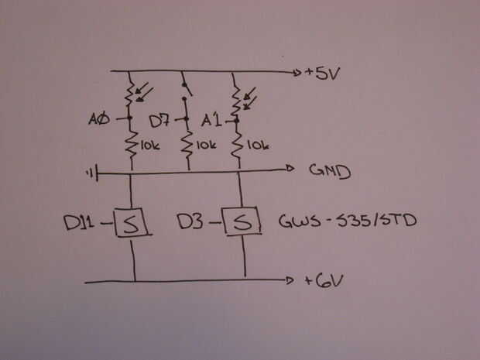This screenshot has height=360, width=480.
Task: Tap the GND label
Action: point(330,170)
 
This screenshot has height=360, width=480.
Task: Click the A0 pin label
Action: point(101,120)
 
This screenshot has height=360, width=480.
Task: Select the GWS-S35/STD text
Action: point(347,223)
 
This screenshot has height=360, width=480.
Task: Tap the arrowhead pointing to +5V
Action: point(298,74)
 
